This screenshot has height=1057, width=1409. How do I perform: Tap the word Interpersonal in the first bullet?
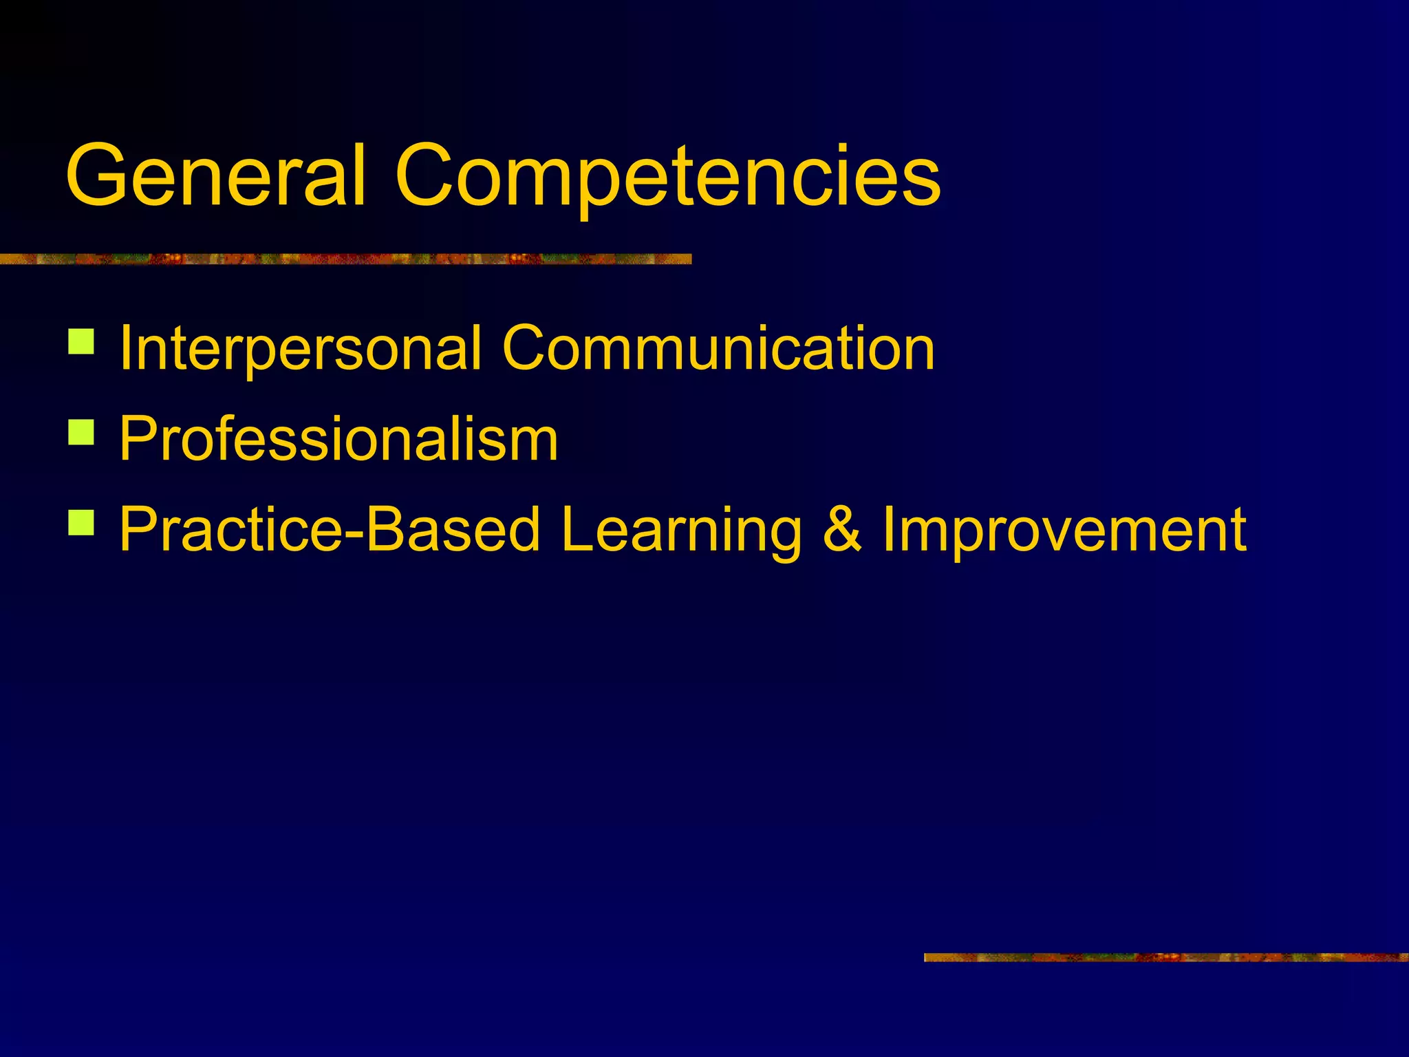[x=300, y=349]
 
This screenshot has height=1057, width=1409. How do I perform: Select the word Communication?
[x=718, y=348]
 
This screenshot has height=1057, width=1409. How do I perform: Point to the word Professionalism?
[x=338, y=438]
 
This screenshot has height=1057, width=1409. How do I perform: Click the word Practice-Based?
[x=330, y=529]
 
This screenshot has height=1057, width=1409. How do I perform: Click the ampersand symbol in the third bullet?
[x=842, y=529]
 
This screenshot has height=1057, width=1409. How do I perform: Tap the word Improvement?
[x=1065, y=529]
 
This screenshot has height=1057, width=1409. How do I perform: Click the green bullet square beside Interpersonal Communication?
[x=81, y=341]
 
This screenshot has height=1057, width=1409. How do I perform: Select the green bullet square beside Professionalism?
[x=81, y=432]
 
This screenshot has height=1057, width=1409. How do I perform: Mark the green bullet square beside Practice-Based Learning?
[x=81, y=522]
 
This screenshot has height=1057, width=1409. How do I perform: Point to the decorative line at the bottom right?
[x=1165, y=957]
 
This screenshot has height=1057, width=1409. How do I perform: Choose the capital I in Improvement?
[x=890, y=529]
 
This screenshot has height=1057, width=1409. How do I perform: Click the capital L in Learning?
[x=577, y=529]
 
